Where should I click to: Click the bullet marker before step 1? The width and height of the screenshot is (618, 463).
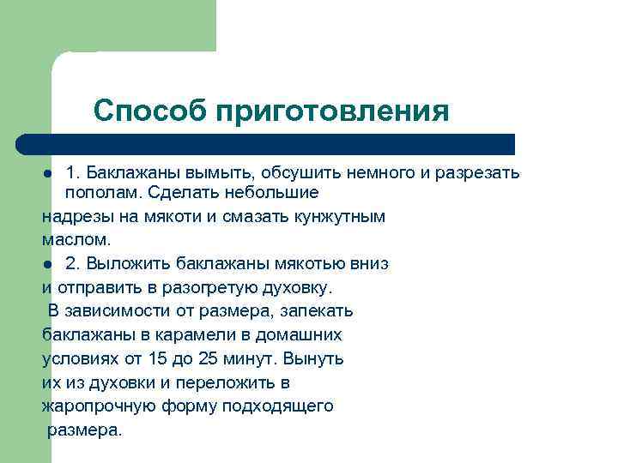pyautogui.click(x=48, y=174)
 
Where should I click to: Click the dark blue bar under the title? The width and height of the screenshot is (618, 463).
pyautogui.click(x=266, y=144)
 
